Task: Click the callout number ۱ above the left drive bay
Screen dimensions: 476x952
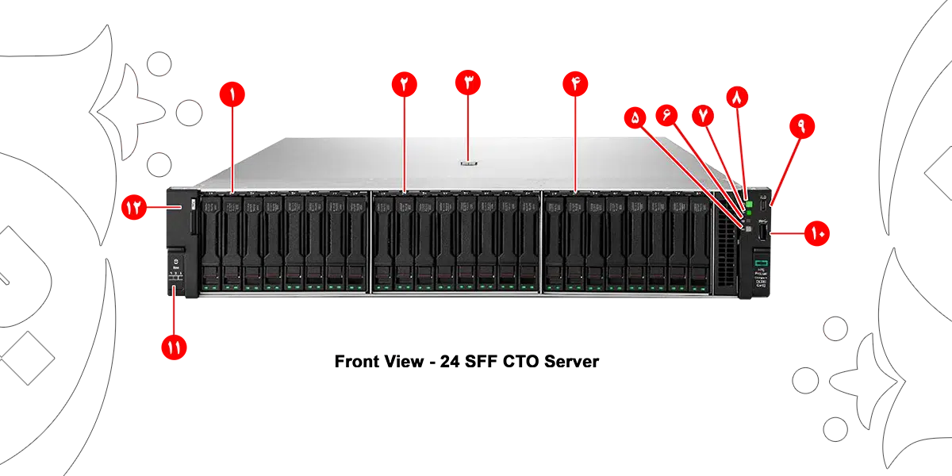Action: [x=232, y=94]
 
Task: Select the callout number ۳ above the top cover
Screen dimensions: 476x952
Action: [x=469, y=83]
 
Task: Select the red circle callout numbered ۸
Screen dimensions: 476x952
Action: [x=737, y=98]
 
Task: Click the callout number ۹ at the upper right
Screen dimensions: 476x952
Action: [x=800, y=127]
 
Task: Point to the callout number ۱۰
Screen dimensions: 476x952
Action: [x=817, y=233]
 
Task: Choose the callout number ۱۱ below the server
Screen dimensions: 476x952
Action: [x=173, y=347]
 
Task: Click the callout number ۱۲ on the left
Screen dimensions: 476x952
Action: [x=132, y=208]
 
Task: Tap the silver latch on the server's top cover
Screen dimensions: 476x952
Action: [x=469, y=167]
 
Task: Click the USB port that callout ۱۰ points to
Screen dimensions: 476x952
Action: [x=762, y=233]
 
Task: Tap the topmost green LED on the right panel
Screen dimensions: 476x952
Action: [x=748, y=205]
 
